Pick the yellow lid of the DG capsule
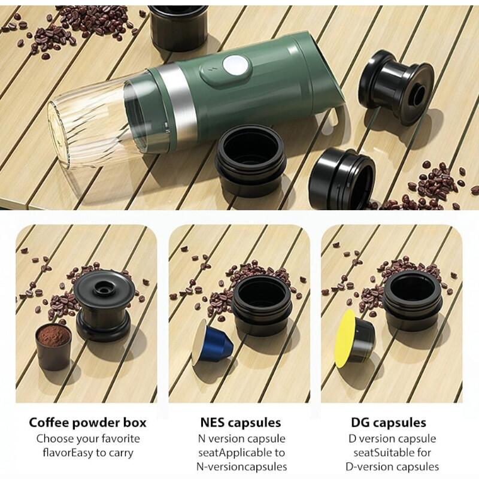[345, 338]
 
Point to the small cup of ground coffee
[53, 347]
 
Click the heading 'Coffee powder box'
[87, 423]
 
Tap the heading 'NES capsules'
[241, 423]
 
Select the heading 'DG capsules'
[389, 423]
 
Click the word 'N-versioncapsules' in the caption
[242, 467]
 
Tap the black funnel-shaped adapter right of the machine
[396, 86]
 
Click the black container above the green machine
[178, 26]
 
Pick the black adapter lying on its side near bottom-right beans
[342, 178]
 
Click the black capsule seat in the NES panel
[262, 305]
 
